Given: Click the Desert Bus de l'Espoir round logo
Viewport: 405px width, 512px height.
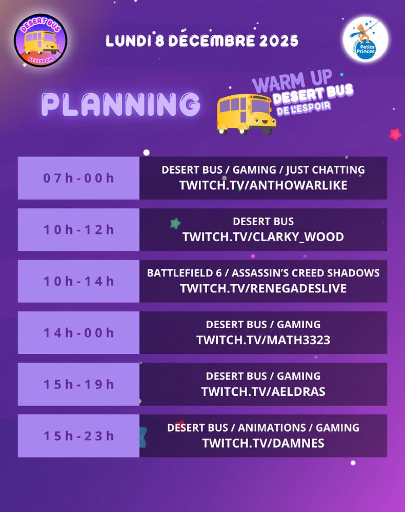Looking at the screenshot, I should pos(41,40).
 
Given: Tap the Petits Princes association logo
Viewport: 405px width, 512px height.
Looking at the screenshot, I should pos(366,39).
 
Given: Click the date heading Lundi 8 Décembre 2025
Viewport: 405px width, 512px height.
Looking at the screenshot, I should pos(202,41).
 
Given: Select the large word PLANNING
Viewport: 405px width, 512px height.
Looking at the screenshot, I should pos(120,104).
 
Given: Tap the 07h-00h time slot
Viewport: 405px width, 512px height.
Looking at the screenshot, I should pos(78,178).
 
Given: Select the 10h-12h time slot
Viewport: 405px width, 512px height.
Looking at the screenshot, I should pos(78,230).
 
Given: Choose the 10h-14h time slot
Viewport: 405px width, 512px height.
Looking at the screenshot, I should pos(78,281).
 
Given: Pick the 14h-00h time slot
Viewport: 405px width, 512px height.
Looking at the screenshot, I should pos(78,333).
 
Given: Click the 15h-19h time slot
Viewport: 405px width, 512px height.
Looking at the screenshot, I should pos(78,385).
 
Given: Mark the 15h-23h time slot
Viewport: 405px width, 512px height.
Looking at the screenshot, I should pos(78,436).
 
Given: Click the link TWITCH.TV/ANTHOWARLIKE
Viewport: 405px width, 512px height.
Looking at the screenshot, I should pos(263,185).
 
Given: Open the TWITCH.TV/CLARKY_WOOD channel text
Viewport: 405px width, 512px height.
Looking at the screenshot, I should pos(263,237).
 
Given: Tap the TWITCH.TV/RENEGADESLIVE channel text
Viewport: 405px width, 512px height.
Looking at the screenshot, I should pos(263,288).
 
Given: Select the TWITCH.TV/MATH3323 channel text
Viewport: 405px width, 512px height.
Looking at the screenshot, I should pos(263,340).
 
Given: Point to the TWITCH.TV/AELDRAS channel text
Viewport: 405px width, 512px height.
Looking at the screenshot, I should pos(263,392).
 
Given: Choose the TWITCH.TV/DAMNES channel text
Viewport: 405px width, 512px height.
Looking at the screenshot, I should pos(263,443).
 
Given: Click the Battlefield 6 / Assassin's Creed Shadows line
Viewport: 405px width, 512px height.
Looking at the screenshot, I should pos(263,273).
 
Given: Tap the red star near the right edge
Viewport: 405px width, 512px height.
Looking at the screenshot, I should pos(395,134).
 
